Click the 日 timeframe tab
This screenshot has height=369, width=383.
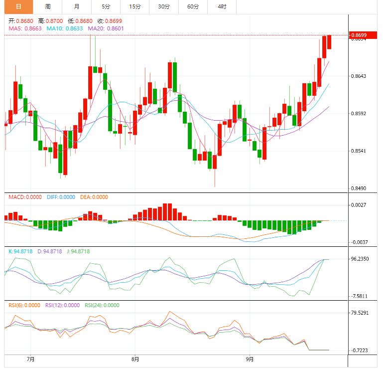click(18, 6)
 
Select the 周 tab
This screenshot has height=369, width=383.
click(47, 6)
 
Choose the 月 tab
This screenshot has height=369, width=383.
click(76, 6)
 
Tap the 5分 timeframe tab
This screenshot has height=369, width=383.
click(106, 6)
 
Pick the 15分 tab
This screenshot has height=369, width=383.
click(134, 6)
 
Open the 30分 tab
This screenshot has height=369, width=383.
click(163, 6)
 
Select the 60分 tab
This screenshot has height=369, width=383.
click(193, 6)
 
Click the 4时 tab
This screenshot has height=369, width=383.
click(222, 6)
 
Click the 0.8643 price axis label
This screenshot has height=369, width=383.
click(359, 76)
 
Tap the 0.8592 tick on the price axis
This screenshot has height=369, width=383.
click(359, 113)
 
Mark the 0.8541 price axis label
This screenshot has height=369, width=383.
click(359, 151)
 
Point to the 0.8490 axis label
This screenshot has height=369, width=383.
click(359, 188)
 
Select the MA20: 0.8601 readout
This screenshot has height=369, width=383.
click(106, 28)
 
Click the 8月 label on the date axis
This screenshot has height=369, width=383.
click(135, 359)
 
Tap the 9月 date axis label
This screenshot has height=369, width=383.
click(251, 359)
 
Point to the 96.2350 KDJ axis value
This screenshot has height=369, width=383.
click(360, 259)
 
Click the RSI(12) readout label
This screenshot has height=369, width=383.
click(62, 305)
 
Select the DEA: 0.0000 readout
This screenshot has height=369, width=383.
click(95, 197)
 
